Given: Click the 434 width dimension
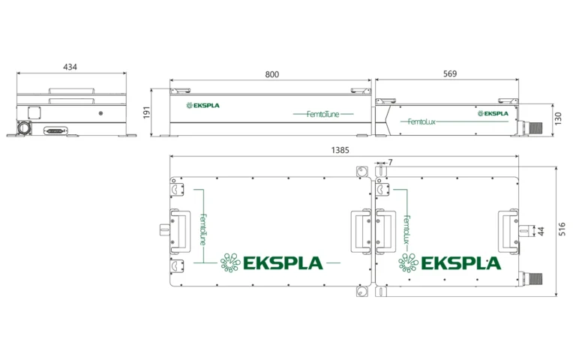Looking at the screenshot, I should point(70,67).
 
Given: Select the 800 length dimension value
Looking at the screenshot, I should point(271,74).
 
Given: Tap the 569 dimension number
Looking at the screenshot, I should point(449,74).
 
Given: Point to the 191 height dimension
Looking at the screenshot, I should point(147,112).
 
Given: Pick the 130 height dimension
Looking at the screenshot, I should point(559,118).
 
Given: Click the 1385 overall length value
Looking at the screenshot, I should point(340,150).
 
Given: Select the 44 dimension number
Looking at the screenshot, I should point(541,231).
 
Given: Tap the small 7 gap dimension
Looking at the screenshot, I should point(391,162).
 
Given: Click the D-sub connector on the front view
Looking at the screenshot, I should point(56,130).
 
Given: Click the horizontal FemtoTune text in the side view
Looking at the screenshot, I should point(323,113).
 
